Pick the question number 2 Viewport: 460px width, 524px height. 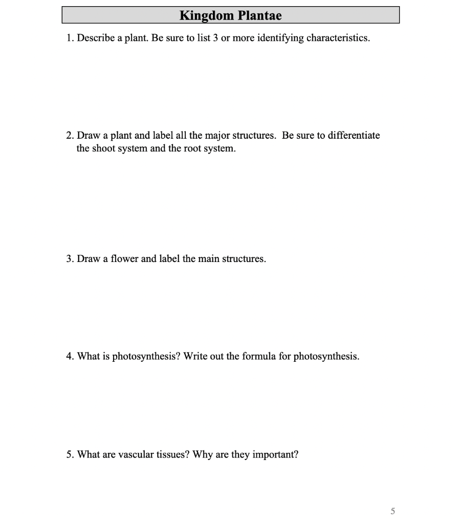(70, 136)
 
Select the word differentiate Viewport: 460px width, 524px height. (354, 136)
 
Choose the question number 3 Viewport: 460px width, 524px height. (70, 259)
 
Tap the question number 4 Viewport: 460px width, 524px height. (70, 356)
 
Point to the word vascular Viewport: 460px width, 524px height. (137, 454)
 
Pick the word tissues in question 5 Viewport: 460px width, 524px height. (173, 454)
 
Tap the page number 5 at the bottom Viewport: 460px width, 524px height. (392, 511)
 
